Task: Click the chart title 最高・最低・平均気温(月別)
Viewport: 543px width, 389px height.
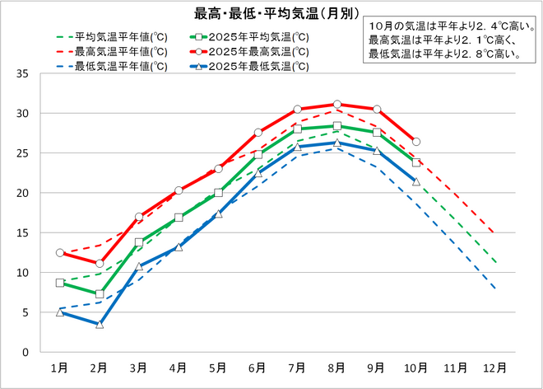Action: (263, 13)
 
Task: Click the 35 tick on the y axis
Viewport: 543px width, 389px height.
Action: (22, 73)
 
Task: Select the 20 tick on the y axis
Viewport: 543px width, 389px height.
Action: (22, 193)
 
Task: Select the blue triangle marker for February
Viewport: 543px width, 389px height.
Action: (100, 324)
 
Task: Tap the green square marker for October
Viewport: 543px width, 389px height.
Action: (416, 163)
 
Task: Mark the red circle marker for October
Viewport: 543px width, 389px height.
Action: (416, 142)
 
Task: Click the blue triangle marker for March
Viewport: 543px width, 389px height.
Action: (139, 267)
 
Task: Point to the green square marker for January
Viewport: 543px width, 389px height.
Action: (59, 283)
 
